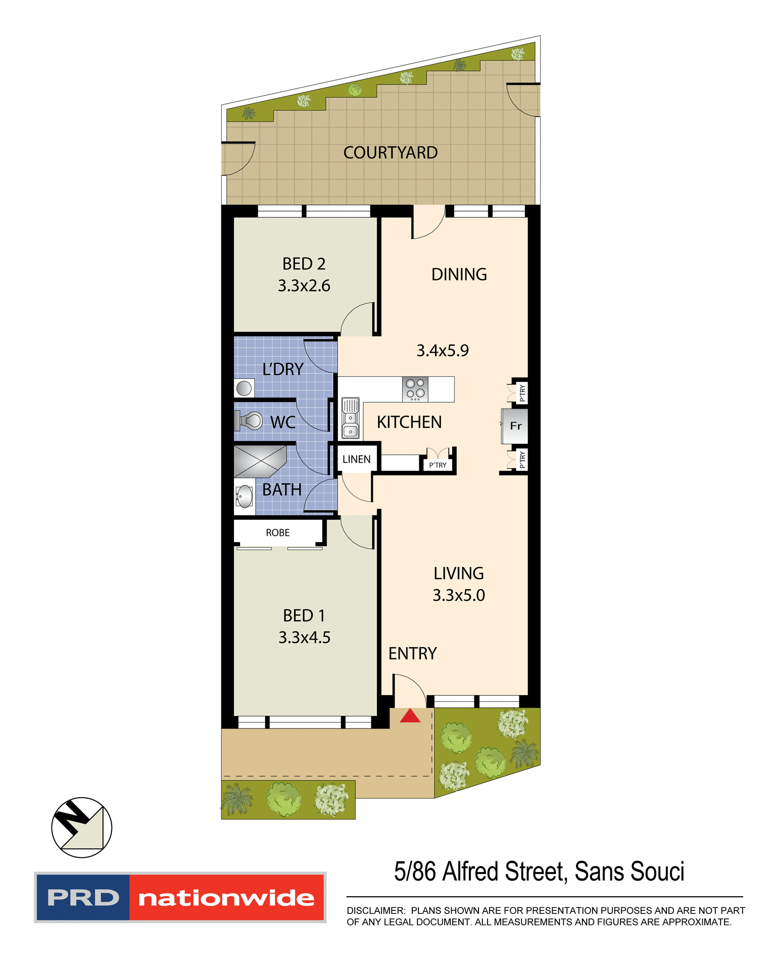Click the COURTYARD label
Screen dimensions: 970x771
[390, 153]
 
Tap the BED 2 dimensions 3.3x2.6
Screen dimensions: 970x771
[304, 286]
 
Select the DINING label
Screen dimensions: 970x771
[459, 274]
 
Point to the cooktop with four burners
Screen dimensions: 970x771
[415, 390]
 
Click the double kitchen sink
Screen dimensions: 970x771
[350, 418]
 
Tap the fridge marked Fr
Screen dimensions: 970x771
[515, 426]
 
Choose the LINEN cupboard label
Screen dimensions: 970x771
[356, 459]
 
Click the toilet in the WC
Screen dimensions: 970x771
[249, 420]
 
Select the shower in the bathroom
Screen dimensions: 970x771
[259, 461]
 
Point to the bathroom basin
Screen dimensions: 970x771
[245, 497]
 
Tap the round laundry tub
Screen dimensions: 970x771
[244, 389]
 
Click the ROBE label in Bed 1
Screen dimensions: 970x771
[277, 533]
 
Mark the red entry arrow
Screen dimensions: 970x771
[410, 715]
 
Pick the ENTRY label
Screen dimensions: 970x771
[412, 654]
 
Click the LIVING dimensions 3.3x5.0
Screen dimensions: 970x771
[458, 596]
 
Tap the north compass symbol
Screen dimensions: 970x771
[81, 828]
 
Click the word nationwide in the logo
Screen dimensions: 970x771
[226, 898]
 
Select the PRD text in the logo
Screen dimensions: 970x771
[83, 898]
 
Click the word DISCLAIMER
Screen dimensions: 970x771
[375, 910]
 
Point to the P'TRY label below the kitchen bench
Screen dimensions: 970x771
[438, 465]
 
